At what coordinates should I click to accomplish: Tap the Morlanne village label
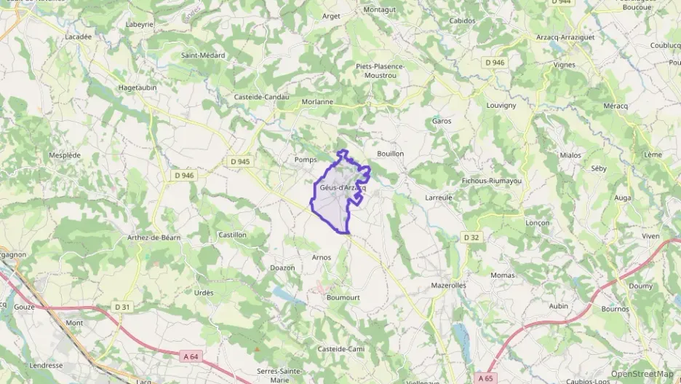(x=317, y=102)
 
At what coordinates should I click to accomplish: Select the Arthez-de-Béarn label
(x=154, y=238)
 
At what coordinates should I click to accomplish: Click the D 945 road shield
(x=239, y=161)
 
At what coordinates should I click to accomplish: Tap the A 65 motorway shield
(x=486, y=377)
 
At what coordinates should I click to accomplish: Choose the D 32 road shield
(x=471, y=238)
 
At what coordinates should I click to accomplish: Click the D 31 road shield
(x=122, y=307)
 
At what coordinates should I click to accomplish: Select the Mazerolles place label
(x=448, y=286)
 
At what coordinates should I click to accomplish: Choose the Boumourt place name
(x=343, y=298)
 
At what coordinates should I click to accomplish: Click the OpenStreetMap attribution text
(x=642, y=375)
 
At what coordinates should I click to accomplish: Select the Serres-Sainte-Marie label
(x=279, y=375)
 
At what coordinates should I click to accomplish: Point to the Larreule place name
(x=439, y=197)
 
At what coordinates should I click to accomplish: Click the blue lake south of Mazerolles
(x=461, y=335)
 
